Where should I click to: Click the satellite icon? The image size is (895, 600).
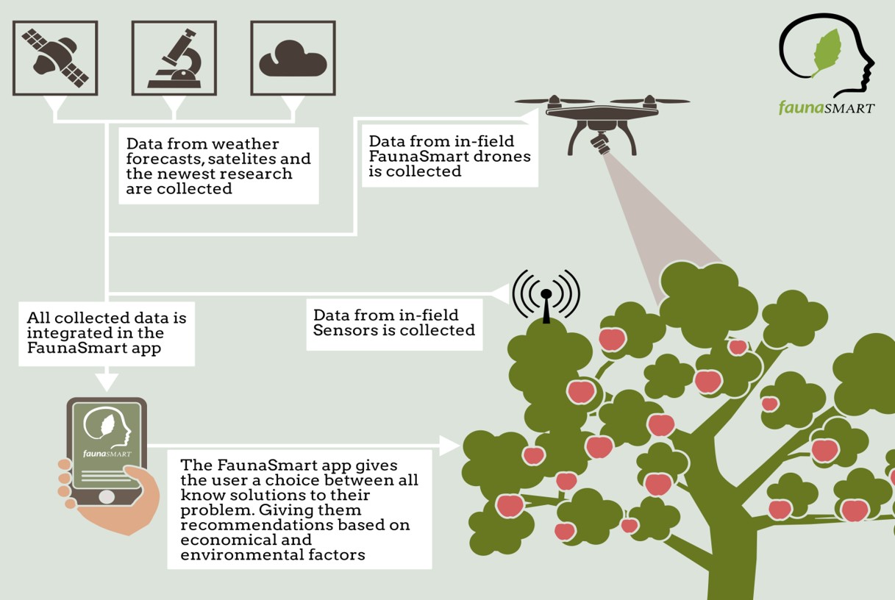(x=55, y=58)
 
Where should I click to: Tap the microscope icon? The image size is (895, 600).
(x=174, y=59)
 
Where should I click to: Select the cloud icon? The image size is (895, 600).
(x=293, y=59)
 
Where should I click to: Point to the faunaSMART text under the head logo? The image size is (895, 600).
(x=827, y=107)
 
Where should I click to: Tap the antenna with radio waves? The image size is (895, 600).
(x=546, y=296)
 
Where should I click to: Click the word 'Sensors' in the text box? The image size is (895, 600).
(x=344, y=330)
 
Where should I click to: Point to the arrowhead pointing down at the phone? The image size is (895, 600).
(x=107, y=382)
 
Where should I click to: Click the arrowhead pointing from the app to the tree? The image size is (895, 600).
(x=450, y=446)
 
